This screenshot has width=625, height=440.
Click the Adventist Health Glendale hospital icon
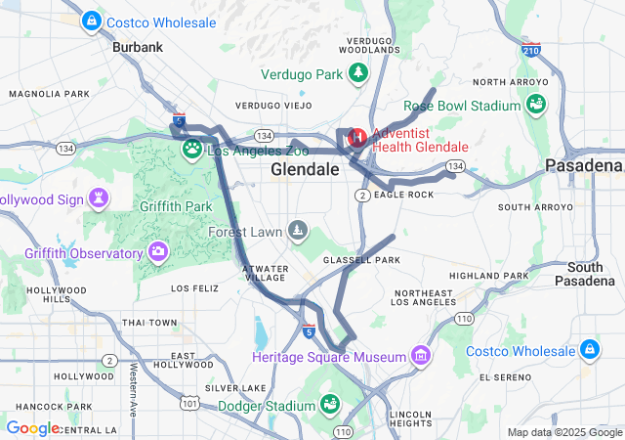coord(356,138)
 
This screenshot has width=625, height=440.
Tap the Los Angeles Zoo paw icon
coord(192,150)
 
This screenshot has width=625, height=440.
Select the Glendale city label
coord(305,169)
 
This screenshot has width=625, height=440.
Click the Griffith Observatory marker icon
coord(158,254)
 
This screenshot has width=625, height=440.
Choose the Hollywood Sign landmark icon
coord(99,199)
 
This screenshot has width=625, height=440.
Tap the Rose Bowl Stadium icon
coord(535,105)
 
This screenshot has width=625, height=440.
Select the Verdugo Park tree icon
coord(359,73)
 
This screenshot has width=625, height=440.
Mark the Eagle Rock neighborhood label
coord(403,195)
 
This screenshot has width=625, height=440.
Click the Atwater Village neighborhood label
coord(264,272)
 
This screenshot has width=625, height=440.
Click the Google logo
coord(34,428)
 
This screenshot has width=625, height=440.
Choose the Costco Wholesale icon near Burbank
coord(91,20)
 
